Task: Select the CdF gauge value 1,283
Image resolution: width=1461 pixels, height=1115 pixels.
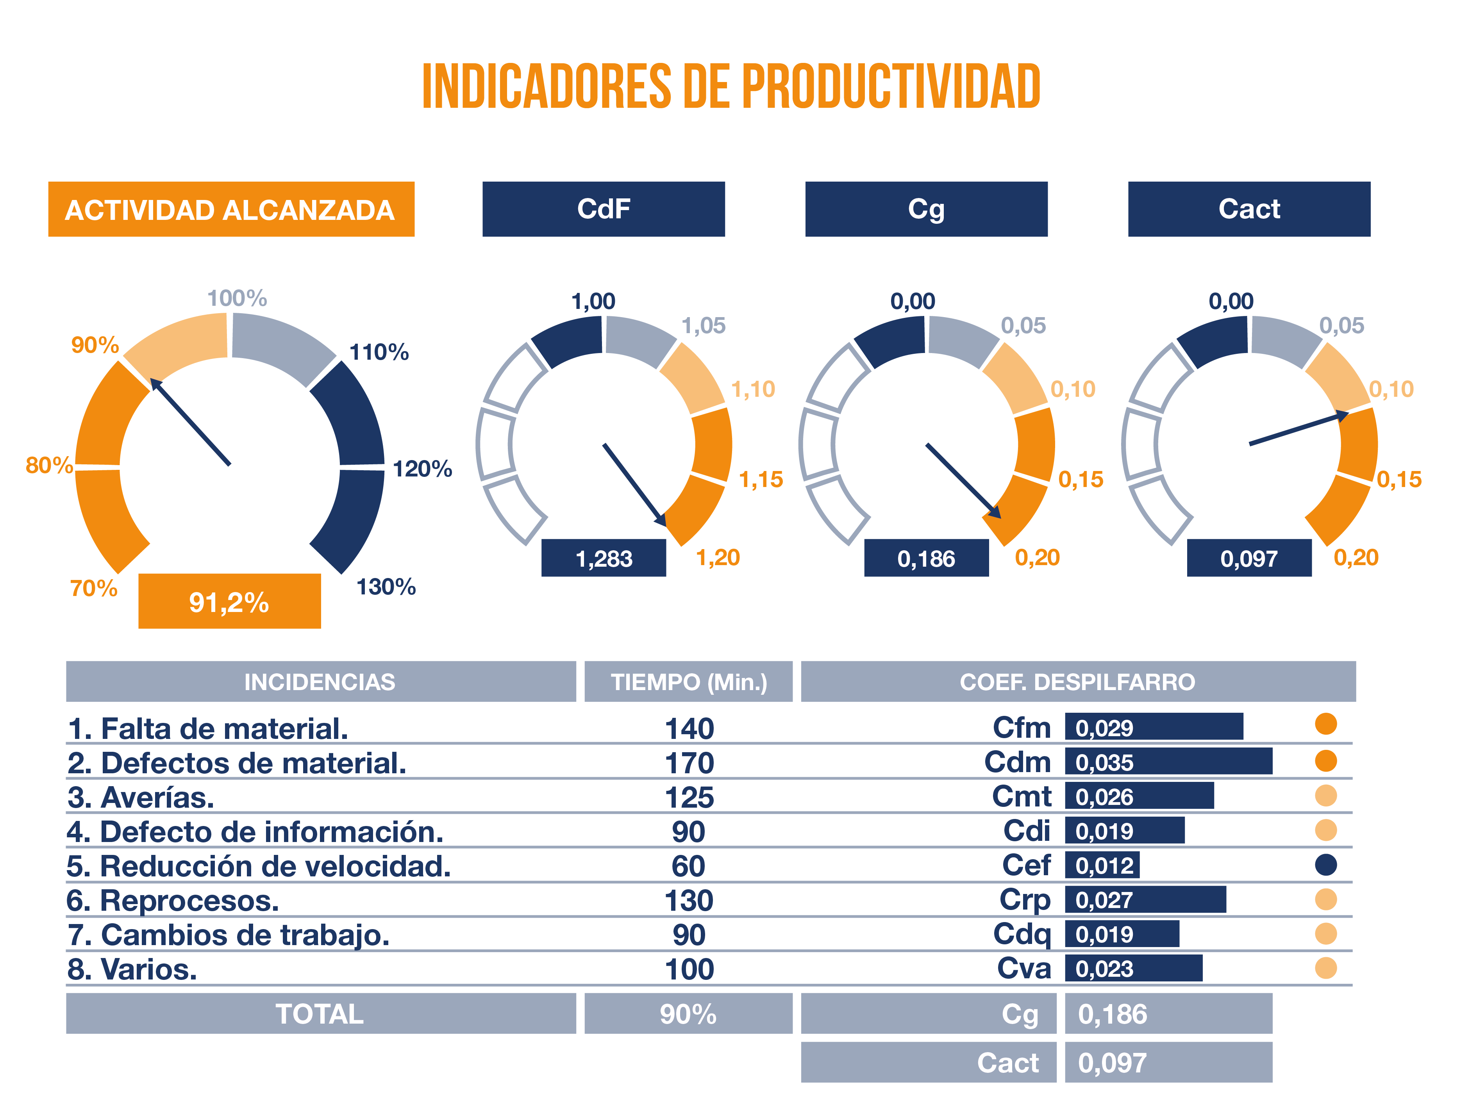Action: (604, 558)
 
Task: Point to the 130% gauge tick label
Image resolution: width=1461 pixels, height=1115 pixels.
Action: (386, 587)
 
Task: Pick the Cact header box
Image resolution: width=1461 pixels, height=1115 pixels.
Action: (1248, 209)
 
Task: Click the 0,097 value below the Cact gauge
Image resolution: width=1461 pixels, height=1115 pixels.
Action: (1248, 558)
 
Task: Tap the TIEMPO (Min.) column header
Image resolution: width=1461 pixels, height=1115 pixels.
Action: (688, 681)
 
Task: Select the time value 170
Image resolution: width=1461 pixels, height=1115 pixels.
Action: (689, 763)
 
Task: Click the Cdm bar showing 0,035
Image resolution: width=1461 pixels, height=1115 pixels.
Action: (1168, 761)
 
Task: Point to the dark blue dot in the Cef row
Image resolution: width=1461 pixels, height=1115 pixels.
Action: (1325, 865)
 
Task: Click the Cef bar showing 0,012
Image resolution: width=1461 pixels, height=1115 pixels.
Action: (1102, 865)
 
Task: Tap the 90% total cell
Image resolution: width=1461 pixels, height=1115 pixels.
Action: (688, 1013)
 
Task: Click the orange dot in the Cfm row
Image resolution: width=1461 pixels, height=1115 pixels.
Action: (1325, 724)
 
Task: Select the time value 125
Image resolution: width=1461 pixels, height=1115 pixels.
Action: (689, 797)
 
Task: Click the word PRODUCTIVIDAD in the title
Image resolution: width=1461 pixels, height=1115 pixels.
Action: (891, 86)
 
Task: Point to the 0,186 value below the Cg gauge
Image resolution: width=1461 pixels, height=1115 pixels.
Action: (926, 558)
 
